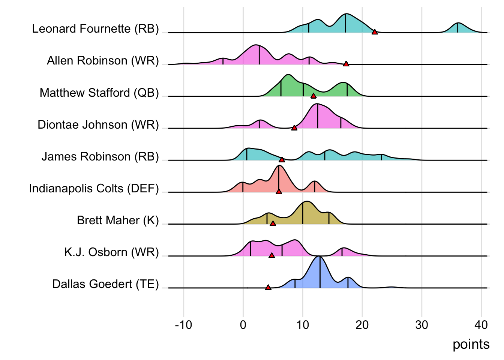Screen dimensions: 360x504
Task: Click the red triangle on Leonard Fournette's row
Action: (x=375, y=32)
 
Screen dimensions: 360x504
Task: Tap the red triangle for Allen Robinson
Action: (x=346, y=64)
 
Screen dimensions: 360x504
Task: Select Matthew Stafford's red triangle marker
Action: (x=313, y=96)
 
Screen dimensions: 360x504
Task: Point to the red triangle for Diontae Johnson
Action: (x=294, y=128)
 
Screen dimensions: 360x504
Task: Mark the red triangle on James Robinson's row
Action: (x=282, y=160)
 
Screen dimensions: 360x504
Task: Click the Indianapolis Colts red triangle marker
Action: (x=279, y=192)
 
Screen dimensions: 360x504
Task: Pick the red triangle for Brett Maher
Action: (x=273, y=223)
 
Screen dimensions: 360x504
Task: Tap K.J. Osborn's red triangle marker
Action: (x=272, y=255)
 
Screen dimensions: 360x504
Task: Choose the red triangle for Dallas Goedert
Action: (x=268, y=287)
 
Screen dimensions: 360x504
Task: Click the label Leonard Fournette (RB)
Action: (x=96, y=29)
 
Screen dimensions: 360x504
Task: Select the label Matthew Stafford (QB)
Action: (x=99, y=93)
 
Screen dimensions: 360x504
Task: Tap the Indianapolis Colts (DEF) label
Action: (x=94, y=188)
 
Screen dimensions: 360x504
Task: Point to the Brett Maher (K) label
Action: (x=118, y=220)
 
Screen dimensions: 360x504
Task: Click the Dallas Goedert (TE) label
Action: (x=105, y=284)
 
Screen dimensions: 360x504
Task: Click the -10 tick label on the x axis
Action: (x=183, y=325)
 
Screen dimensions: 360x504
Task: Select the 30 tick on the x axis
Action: (x=422, y=325)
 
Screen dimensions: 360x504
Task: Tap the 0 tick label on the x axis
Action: (x=243, y=325)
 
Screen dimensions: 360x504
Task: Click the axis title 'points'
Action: (x=471, y=344)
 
